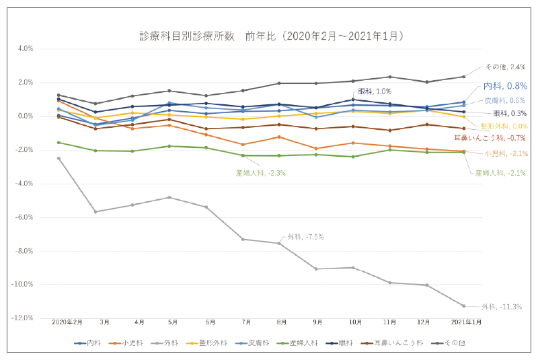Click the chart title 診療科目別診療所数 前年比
[270, 35]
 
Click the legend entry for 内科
[89, 343]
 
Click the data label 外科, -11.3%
[502, 307]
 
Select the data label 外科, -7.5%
[305, 236]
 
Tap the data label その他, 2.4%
[506, 67]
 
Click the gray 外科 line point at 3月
[95, 211]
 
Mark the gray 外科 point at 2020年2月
[59, 158]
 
